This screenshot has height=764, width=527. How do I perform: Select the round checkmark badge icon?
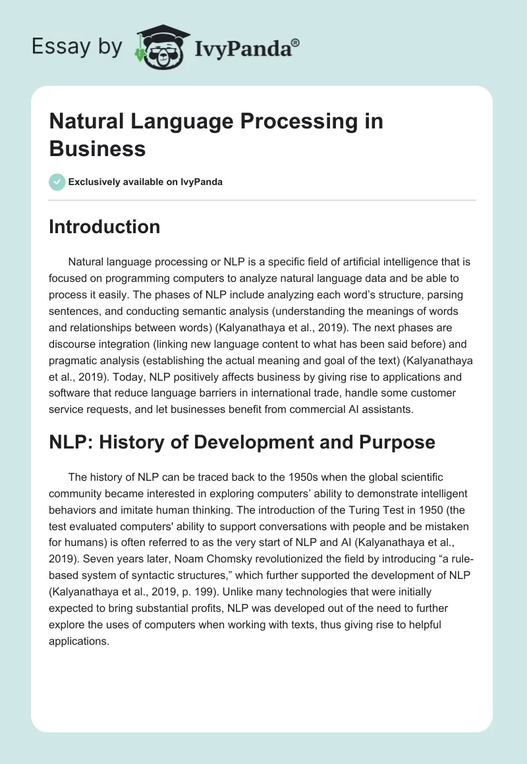(x=57, y=182)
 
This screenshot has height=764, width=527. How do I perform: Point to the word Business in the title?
(x=97, y=148)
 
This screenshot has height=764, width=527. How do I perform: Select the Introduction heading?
(x=105, y=227)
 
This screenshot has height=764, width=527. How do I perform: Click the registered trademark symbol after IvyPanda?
(x=296, y=43)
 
